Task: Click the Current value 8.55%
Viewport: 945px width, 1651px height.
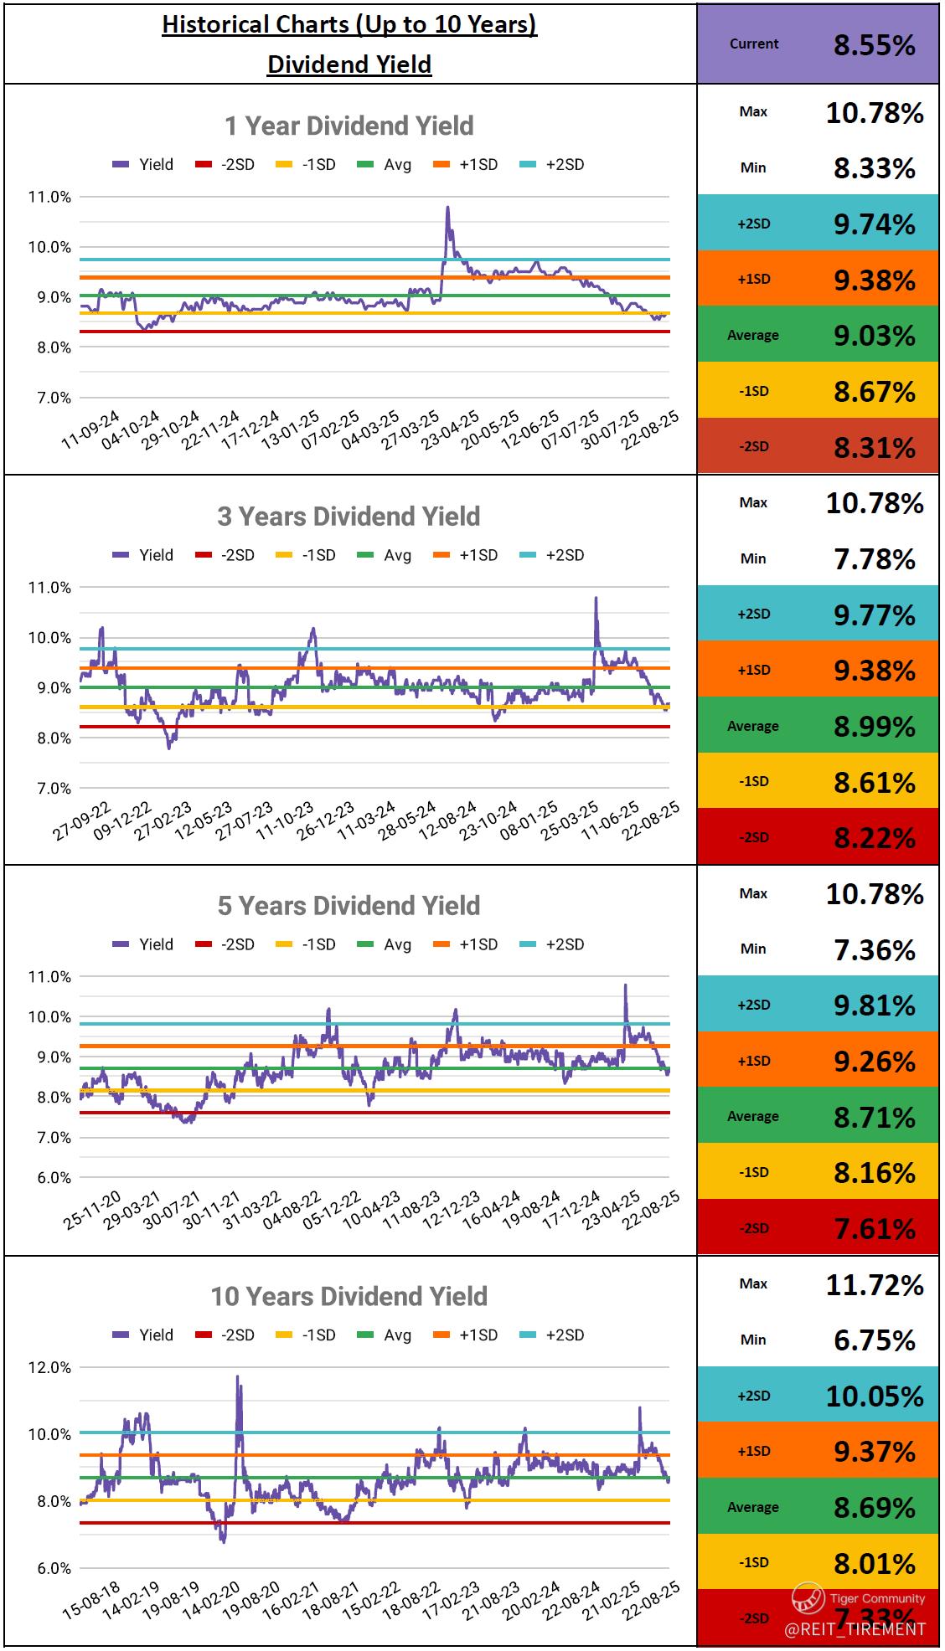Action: tap(874, 45)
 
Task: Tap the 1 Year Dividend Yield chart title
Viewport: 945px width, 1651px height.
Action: tap(349, 126)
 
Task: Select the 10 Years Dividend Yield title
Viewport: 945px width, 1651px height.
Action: tap(349, 1296)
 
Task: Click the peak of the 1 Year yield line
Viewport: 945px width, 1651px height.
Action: tap(447, 208)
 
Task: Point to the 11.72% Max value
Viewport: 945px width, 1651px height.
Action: tap(874, 1285)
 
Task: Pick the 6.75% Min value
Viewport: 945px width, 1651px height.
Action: tap(874, 1340)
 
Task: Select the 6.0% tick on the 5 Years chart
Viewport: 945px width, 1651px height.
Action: tap(54, 1177)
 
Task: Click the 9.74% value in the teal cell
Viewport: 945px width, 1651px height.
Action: tap(874, 224)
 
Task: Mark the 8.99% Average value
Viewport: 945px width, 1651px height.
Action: tap(874, 727)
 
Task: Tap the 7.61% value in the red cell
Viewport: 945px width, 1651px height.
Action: tap(874, 1229)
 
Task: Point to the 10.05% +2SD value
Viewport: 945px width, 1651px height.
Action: tap(874, 1396)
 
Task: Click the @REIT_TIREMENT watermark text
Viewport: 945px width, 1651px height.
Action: tap(855, 1628)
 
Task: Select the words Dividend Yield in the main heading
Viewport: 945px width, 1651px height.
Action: tap(349, 64)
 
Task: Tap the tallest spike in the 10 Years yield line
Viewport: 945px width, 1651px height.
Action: tap(237, 1377)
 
